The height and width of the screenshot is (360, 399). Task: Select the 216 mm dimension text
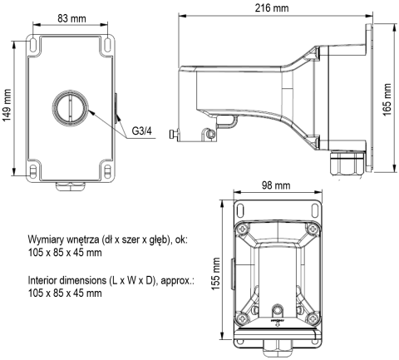(273, 7)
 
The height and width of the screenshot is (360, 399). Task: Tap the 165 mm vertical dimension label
(387, 97)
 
